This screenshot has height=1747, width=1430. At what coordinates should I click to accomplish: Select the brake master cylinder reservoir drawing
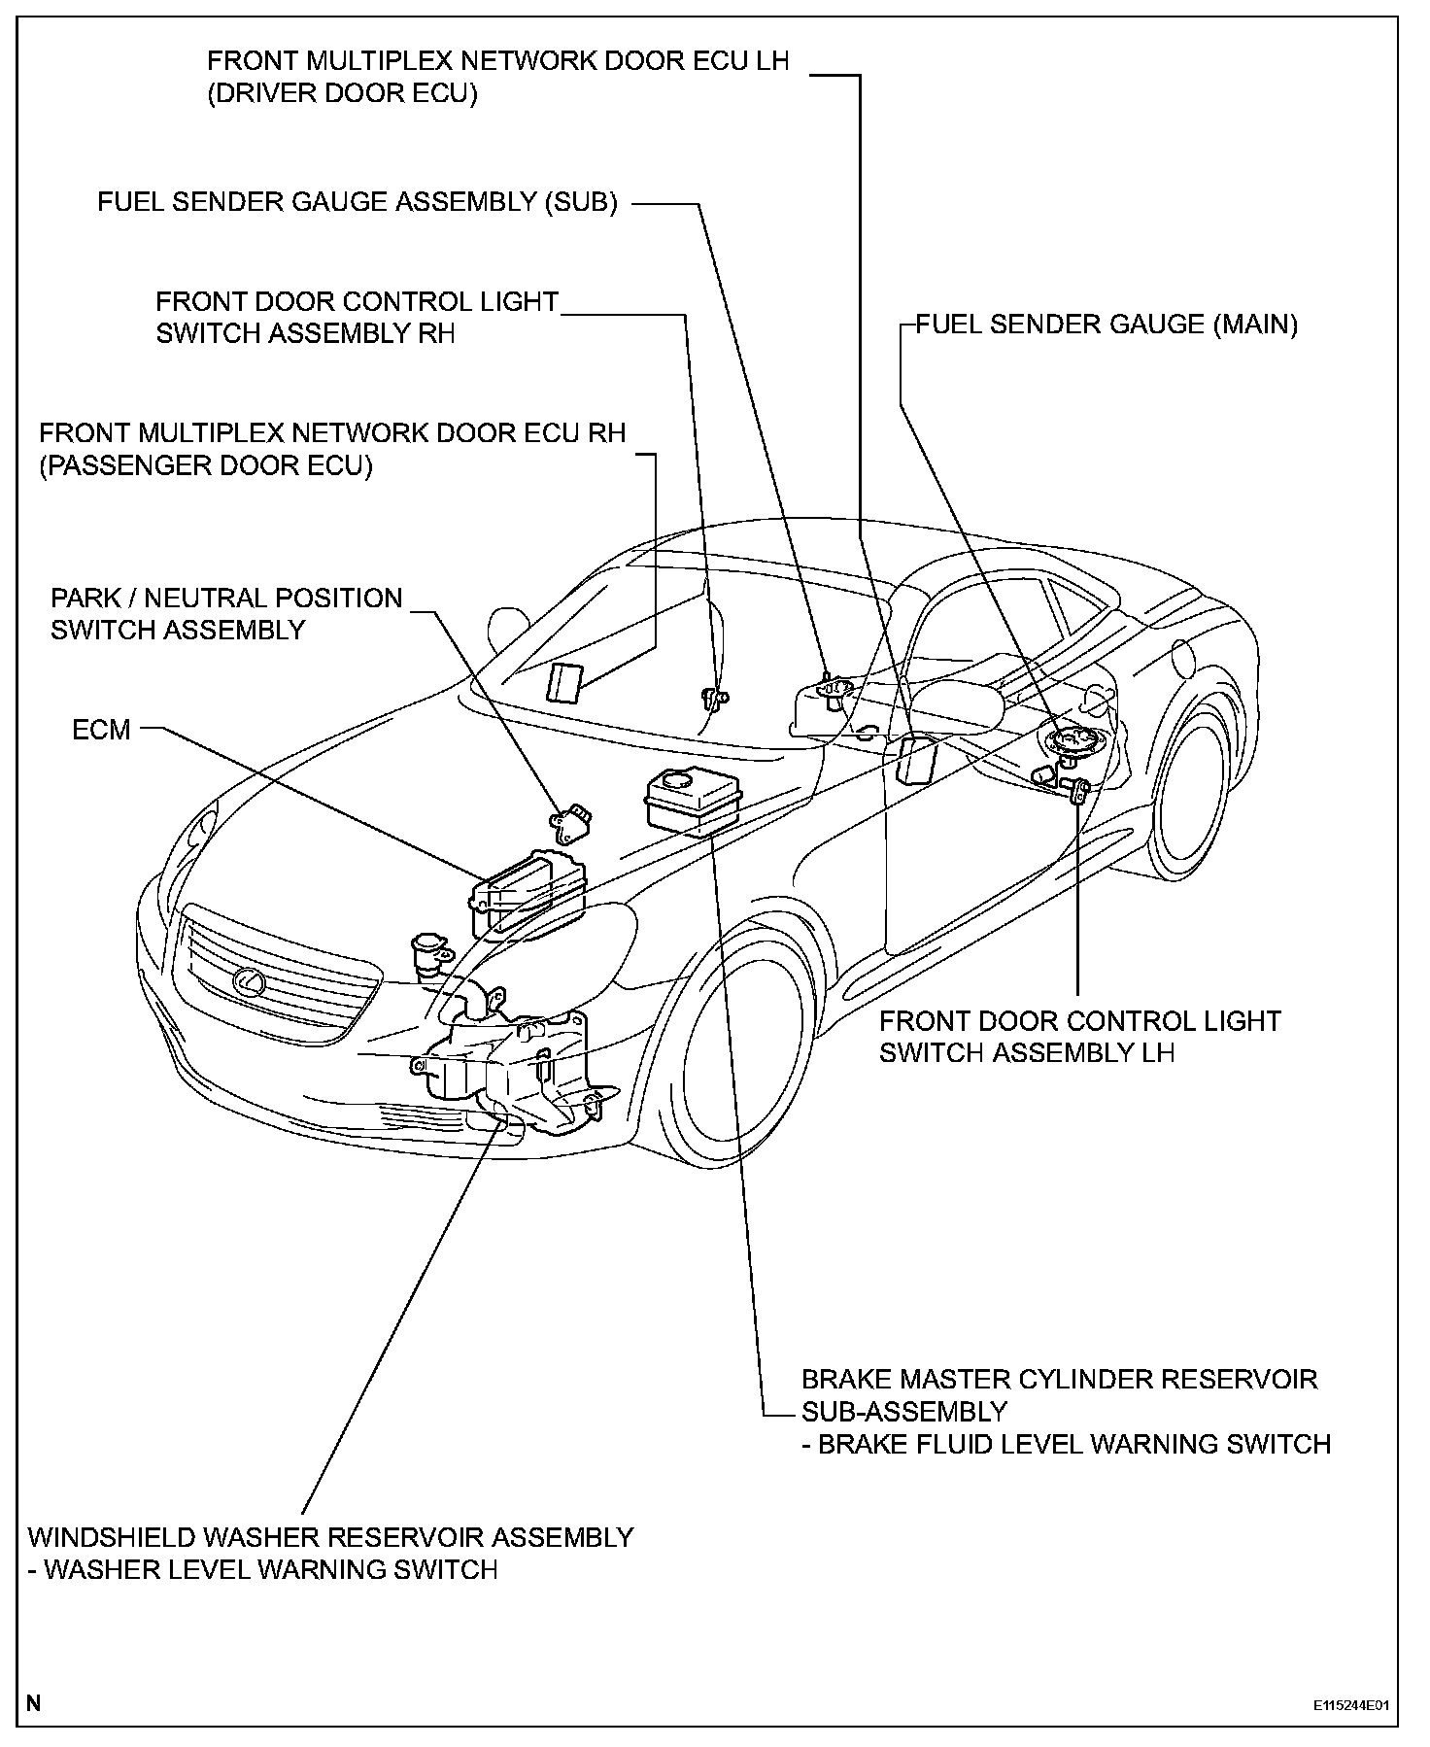pos(692,799)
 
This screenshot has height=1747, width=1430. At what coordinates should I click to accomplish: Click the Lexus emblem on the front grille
pos(251,982)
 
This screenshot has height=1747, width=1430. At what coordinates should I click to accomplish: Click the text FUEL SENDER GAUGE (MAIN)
pos(1107,325)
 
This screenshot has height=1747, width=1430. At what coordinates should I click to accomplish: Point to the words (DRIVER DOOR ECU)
pos(342,94)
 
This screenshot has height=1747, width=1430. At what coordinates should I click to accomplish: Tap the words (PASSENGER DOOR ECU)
pos(206,465)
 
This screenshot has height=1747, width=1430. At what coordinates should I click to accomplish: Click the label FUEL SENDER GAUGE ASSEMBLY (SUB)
pos(357,202)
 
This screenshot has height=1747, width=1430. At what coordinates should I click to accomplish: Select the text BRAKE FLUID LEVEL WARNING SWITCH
pos(1073,1444)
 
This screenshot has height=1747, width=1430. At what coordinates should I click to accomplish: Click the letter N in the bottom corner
pos(35,1702)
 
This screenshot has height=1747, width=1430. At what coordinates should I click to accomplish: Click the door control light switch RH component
pos(715,696)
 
